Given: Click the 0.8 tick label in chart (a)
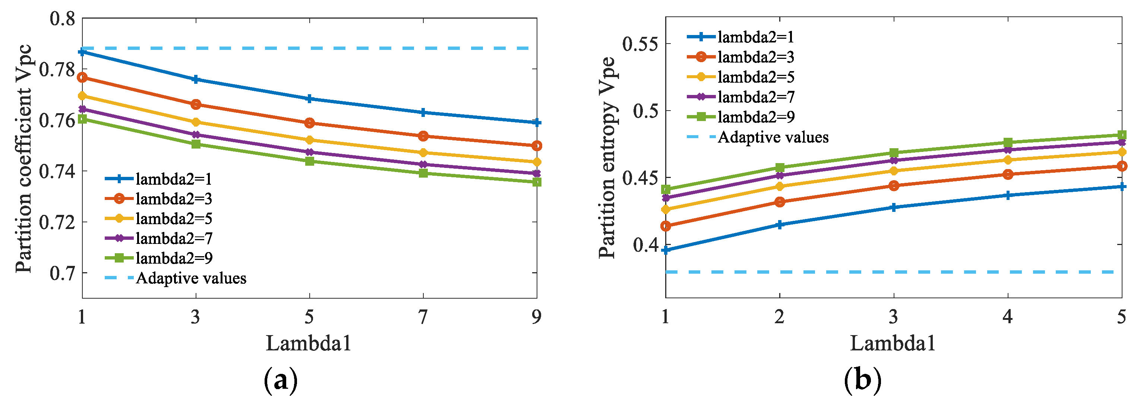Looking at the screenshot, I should (62, 19).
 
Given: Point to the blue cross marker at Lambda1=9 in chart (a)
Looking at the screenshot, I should (537, 123).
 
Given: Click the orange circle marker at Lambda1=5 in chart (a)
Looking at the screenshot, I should (309, 123).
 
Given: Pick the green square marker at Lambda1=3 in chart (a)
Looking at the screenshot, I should (196, 144).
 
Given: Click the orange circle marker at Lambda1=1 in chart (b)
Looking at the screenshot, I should (666, 226).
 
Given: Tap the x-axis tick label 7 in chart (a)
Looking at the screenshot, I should (423, 317).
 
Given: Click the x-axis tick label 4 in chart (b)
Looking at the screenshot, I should (1007, 317).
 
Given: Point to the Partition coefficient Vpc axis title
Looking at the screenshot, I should (24, 159).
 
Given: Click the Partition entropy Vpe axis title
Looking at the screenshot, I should (607, 158).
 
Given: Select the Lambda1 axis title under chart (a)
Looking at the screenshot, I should (309, 343).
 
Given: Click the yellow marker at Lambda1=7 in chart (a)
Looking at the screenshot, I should (423, 153).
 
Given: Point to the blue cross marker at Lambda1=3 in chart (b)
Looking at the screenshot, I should (893, 207).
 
